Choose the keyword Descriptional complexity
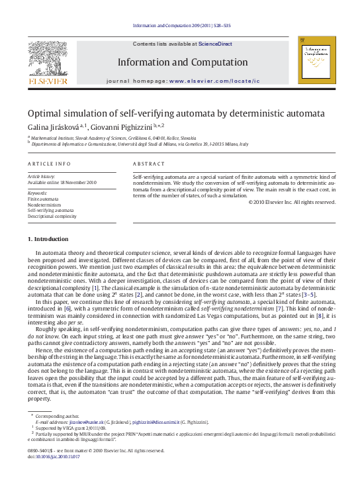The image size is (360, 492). pyautogui.click(x=52, y=216)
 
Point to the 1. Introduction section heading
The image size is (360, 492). pyautogui.click(x=47, y=238)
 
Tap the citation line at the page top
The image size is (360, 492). pyautogui.click(x=180, y=26)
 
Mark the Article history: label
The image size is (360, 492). pyautogui.click(x=41, y=176)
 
